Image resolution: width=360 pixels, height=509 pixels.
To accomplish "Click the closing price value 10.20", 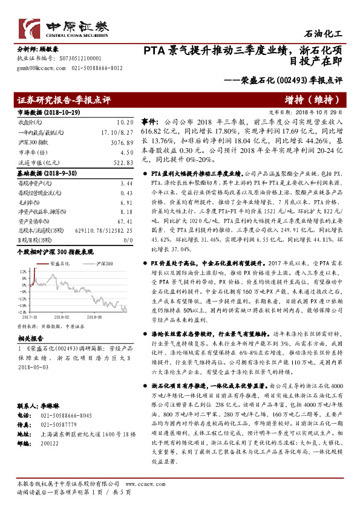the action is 125,122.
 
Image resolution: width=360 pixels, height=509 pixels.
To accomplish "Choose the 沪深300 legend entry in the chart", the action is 97,264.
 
